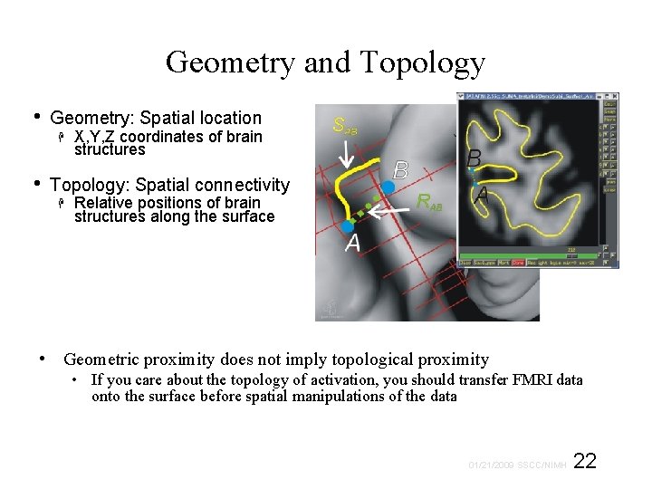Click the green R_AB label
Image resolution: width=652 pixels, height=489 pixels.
coord(431,203)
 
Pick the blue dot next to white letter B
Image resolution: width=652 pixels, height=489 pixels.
coord(388,186)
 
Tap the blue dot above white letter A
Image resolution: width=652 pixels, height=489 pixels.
coord(349,225)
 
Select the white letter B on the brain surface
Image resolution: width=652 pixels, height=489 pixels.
coord(401,169)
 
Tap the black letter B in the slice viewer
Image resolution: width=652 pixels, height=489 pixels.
coord(473,158)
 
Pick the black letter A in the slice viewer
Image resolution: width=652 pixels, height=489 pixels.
coord(483,195)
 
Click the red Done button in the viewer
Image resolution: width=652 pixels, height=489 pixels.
coord(518,263)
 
